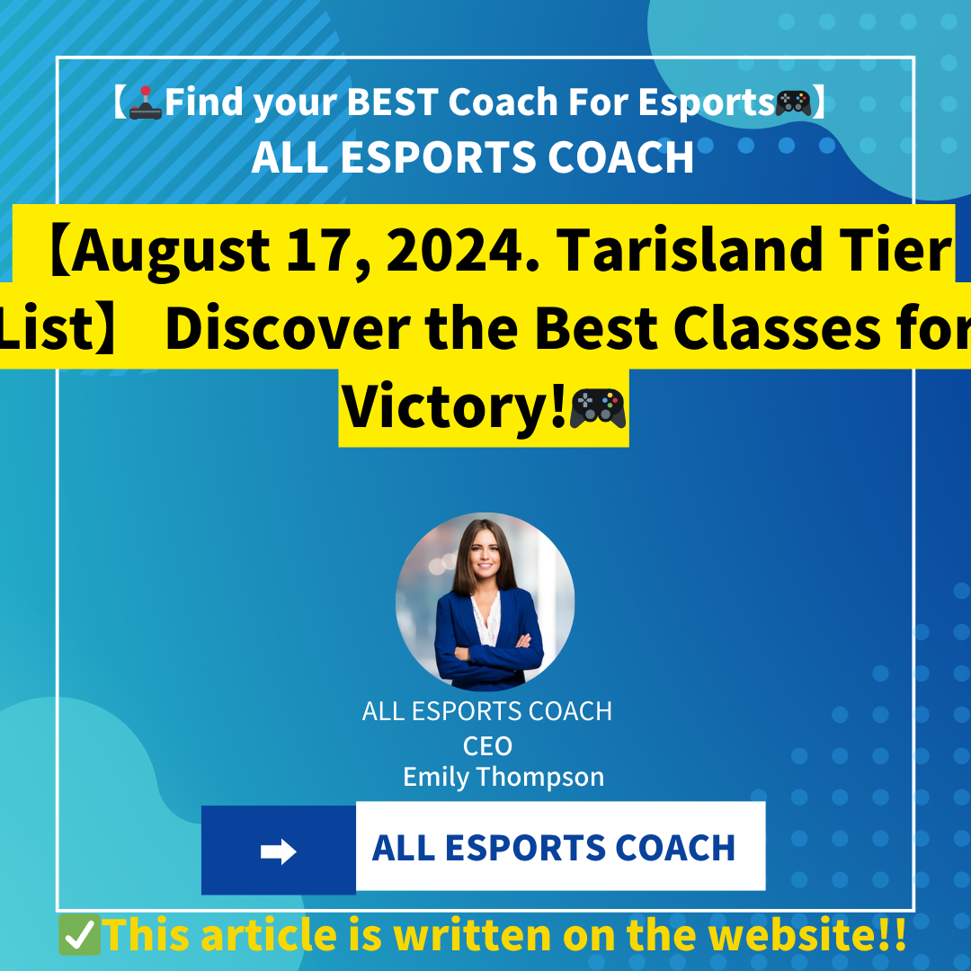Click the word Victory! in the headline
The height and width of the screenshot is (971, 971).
click(x=455, y=406)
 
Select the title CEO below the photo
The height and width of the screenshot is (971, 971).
click(x=487, y=746)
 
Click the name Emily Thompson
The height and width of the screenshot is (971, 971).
click(x=503, y=777)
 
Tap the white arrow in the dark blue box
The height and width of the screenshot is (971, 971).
click(x=279, y=851)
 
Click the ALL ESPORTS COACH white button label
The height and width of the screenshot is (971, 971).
click(x=554, y=848)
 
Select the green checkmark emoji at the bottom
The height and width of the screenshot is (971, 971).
click(x=79, y=936)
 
